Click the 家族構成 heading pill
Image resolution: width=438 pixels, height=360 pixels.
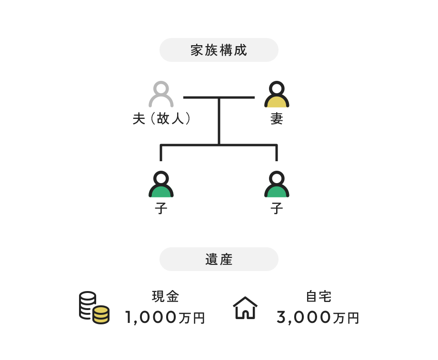pyautogui.click(x=219, y=50)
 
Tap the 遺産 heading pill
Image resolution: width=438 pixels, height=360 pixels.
pyautogui.click(x=219, y=259)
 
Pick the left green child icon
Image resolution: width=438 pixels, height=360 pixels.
pyautogui.click(x=161, y=185)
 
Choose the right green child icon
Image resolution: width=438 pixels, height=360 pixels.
pyautogui.click(x=277, y=185)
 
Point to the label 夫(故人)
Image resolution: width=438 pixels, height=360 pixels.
pyautogui.click(x=162, y=119)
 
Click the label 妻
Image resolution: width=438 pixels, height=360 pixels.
pyautogui.click(x=277, y=119)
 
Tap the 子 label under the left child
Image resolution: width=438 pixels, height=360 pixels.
pyautogui.click(x=161, y=208)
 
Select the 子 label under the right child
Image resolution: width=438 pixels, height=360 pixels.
pyautogui.click(x=277, y=208)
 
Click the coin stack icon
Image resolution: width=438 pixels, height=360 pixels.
pyautogui.click(x=93, y=308)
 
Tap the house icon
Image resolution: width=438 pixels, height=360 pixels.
pyautogui.click(x=245, y=308)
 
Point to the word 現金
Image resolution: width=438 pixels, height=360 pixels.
pyautogui.click(x=165, y=297)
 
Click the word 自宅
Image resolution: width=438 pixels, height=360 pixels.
pyautogui.click(x=319, y=297)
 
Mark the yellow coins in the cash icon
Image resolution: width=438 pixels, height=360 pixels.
pyautogui.click(x=101, y=315)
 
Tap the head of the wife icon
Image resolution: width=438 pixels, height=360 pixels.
pyautogui.click(x=277, y=88)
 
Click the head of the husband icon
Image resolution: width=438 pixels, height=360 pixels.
pyautogui.click(x=161, y=88)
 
